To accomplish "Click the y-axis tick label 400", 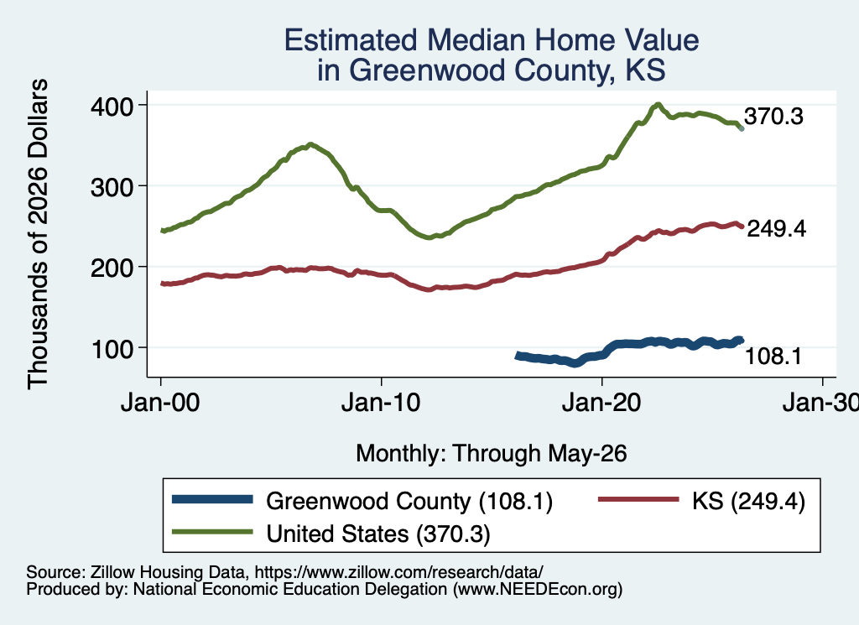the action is [112, 107].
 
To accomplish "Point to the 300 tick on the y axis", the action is [112, 187].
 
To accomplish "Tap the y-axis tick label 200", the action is [112, 268].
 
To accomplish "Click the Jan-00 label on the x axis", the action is [160, 403].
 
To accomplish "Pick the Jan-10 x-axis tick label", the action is [381, 403].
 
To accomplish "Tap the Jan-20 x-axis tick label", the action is [601, 403].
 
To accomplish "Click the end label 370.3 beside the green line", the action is [773, 116].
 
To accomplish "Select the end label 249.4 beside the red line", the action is [776, 228].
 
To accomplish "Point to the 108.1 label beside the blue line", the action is [773, 356].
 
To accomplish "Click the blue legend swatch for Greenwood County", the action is [212, 499].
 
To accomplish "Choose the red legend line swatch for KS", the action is [638, 499].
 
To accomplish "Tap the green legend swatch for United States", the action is [212, 532].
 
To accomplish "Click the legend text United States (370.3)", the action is [378, 534].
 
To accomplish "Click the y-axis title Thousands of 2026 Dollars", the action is [38, 234].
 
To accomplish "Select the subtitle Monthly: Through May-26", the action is [492, 454].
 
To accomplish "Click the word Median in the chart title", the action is [476, 40].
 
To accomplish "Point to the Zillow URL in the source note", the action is [398, 572].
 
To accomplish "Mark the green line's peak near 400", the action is [658, 104].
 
